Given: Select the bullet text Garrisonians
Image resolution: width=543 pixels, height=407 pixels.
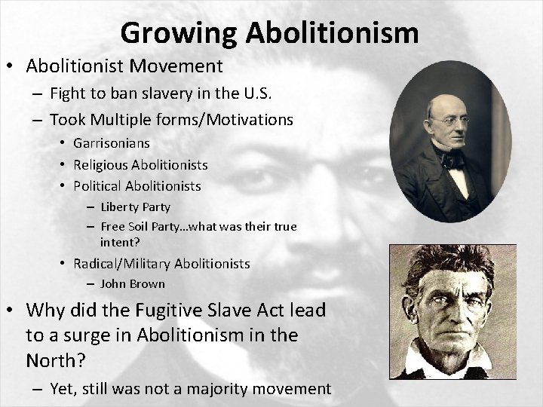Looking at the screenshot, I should [112, 142].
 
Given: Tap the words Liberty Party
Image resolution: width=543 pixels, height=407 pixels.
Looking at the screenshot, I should [135, 207].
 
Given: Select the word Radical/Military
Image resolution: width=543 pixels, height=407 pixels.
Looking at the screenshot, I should [122, 264].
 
